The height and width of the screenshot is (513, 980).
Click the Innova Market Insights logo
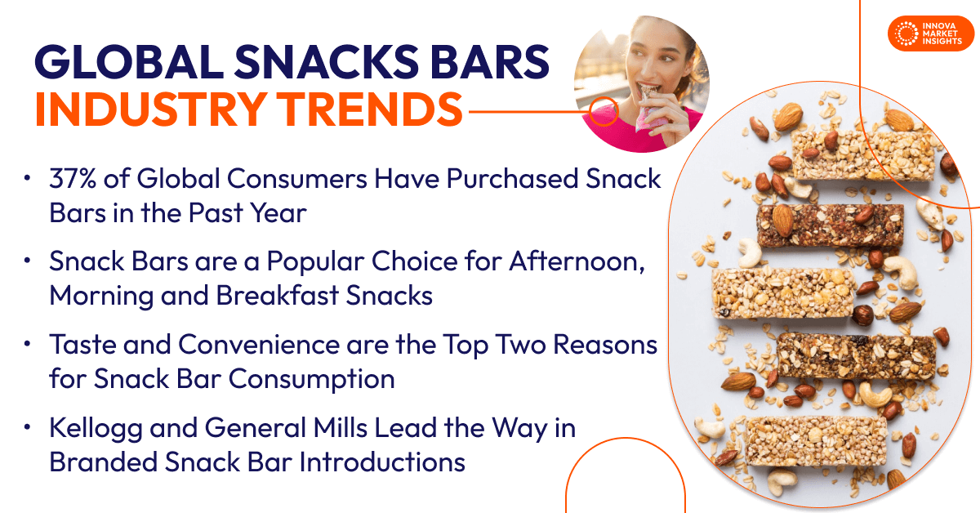[x=930, y=33]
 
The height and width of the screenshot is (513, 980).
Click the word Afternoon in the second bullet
[x=583, y=262]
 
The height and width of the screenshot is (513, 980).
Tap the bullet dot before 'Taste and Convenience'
[x=29, y=346]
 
